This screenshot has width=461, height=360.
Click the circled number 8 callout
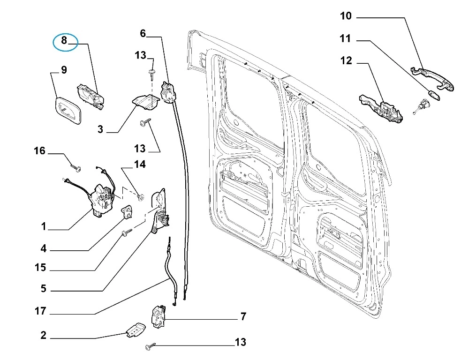[65, 42]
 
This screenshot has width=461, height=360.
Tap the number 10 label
[346, 16]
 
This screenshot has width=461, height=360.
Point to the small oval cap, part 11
[434, 95]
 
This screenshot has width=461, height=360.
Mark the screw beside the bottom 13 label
[149, 346]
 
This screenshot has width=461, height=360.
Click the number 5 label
[43, 288]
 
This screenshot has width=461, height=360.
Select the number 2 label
[43, 335]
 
